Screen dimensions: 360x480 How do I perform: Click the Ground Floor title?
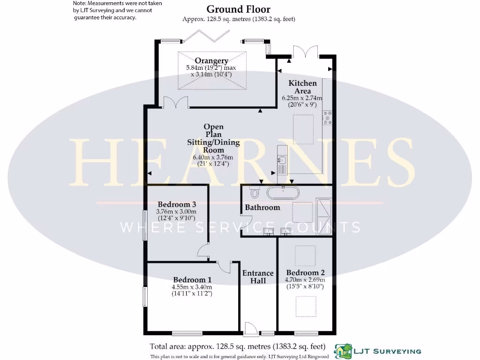(x=238, y=9)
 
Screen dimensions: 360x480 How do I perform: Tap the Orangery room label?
(x=211, y=60)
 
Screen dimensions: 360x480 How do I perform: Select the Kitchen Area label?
(x=302, y=87)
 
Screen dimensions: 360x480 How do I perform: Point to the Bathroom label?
(x=262, y=207)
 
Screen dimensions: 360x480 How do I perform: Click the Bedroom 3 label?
(x=176, y=204)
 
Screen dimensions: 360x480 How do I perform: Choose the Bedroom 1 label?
(x=192, y=279)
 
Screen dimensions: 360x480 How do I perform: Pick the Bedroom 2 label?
(x=305, y=273)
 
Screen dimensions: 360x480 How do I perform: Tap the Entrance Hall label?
(x=258, y=277)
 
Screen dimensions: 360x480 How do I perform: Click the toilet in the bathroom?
(x=255, y=192)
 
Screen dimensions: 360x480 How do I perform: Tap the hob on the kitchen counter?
(x=327, y=118)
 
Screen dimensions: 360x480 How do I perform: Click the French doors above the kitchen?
(x=305, y=51)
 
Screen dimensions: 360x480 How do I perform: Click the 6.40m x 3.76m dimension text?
(x=213, y=157)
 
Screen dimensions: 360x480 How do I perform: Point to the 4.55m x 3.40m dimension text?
(x=192, y=287)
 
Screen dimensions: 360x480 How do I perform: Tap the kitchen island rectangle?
(x=303, y=129)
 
